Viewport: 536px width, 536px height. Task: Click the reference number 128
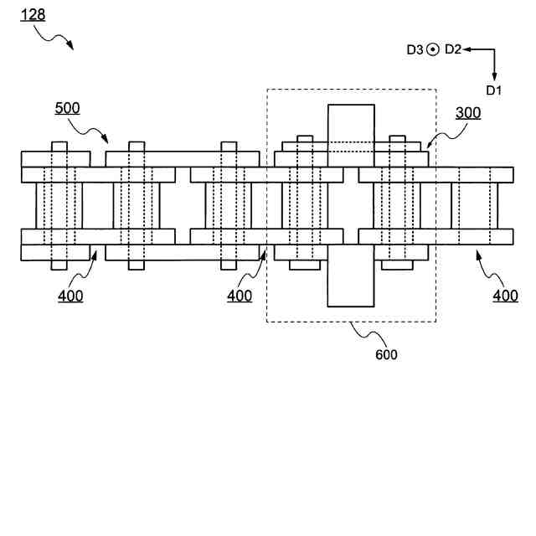pyautogui.click(x=33, y=15)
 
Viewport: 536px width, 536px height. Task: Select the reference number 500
pyautogui.click(x=68, y=108)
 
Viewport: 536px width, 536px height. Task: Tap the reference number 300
pyautogui.click(x=468, y=114)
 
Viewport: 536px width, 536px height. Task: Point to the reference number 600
pyautogui.click(x=386, y=354)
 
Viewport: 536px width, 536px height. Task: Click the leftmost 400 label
pyautogui.click(x=70, y=296)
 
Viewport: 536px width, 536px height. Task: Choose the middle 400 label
pyautogui.click(x=240, y=296)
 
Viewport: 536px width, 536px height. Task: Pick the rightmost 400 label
pyautogui.click(x=505, y=296)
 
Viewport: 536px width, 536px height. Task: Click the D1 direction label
pyautogui.click(x=493, y=90)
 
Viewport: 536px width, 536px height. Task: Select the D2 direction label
pyautogui.click(x=452, y=49)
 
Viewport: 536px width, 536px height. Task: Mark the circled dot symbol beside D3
pyautogui.click(x=433, y=49)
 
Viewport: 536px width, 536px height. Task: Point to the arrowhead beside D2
pyautogui.click(x=467, y=49)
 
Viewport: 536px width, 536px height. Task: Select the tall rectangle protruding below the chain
pyautogui.click(x=351, y=286)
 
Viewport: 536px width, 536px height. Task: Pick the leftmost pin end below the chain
pyautogui.click(x=59, y=265)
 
